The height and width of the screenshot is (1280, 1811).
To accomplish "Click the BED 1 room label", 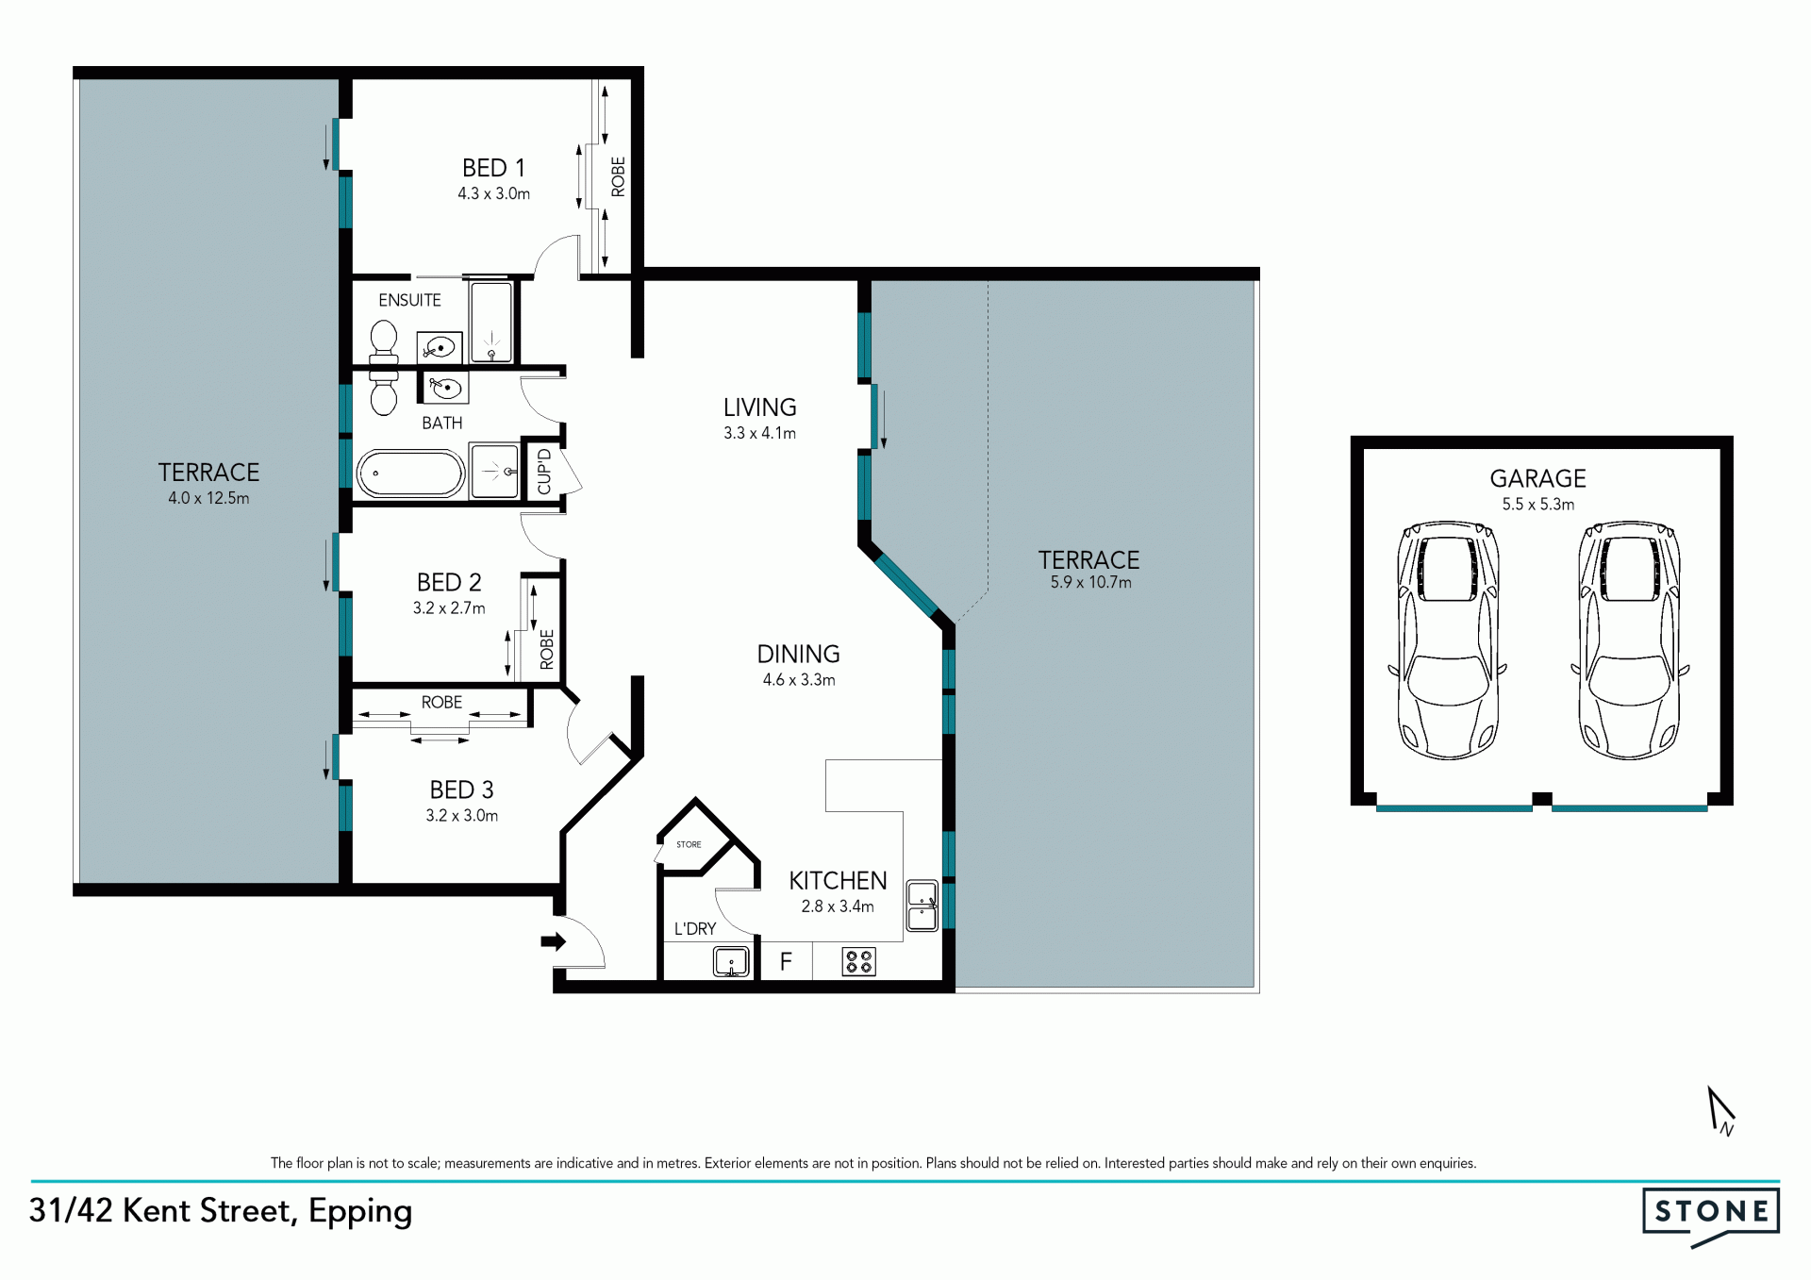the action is pyautogui.click(x=493, y=168).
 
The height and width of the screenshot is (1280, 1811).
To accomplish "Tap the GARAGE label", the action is pyautogui.click(x=1537, y=479).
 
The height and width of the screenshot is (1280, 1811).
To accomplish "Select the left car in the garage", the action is pyautogui.click(x=1447, y=640).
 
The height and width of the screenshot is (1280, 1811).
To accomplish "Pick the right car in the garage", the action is pyautogui.click(x=1629, y=640).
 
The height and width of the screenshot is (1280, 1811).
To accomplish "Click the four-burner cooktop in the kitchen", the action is pyautogui.click(x=859, y=962).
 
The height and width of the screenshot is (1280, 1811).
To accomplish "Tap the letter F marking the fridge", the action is pyautogui.click(x=786, y=962).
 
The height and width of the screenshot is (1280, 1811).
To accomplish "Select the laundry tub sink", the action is pyautogui.click(x=731, y=962).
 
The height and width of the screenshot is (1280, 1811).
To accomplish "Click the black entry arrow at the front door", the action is pyautogui.click(x=553, y=941).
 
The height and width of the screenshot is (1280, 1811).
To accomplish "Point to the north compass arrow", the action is pyautogui.click(x=1720, y=1110).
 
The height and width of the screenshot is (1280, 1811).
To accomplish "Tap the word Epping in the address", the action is pyautogui.click(x=360, y=1212).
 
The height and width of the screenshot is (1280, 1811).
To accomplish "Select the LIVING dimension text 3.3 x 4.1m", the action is pyautogui.click(x=759, y=434).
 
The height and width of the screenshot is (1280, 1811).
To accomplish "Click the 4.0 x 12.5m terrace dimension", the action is pyautogui.click(x=208, y=498).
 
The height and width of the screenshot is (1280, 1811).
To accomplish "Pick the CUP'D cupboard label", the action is pyautogui.click(x=544, y=472).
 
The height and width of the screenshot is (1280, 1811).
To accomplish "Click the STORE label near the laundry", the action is pyautogui.click(x=689, y=844).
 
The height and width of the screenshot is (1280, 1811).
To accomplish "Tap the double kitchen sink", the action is pyautogui.click(x=922, y=906).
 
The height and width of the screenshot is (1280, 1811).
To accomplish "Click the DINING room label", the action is pyautogui.click(x=798, y=655).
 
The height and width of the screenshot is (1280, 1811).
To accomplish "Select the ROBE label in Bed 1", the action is pyautogui.click(x=618, y=177).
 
